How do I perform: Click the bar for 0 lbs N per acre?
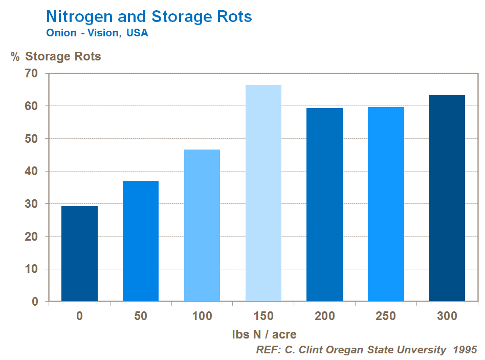coord(79,253)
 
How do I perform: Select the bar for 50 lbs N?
coord(141,241)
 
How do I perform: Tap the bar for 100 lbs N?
coord(202,225)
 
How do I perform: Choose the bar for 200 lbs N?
coord(324,205)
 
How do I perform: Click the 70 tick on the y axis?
coord(31,74)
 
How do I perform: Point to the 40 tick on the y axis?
coord(31,172)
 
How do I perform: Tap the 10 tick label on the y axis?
coord(31,269)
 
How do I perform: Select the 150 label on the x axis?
coord(263,316)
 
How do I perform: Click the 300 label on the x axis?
coord(447,316)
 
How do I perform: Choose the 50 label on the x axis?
coord(141,316)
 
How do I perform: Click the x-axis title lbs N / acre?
coord(264,334)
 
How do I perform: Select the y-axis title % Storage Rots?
coord(56,56)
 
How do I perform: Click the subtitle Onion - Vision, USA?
coord(97,33)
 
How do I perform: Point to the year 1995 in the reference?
coord(465,350)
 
